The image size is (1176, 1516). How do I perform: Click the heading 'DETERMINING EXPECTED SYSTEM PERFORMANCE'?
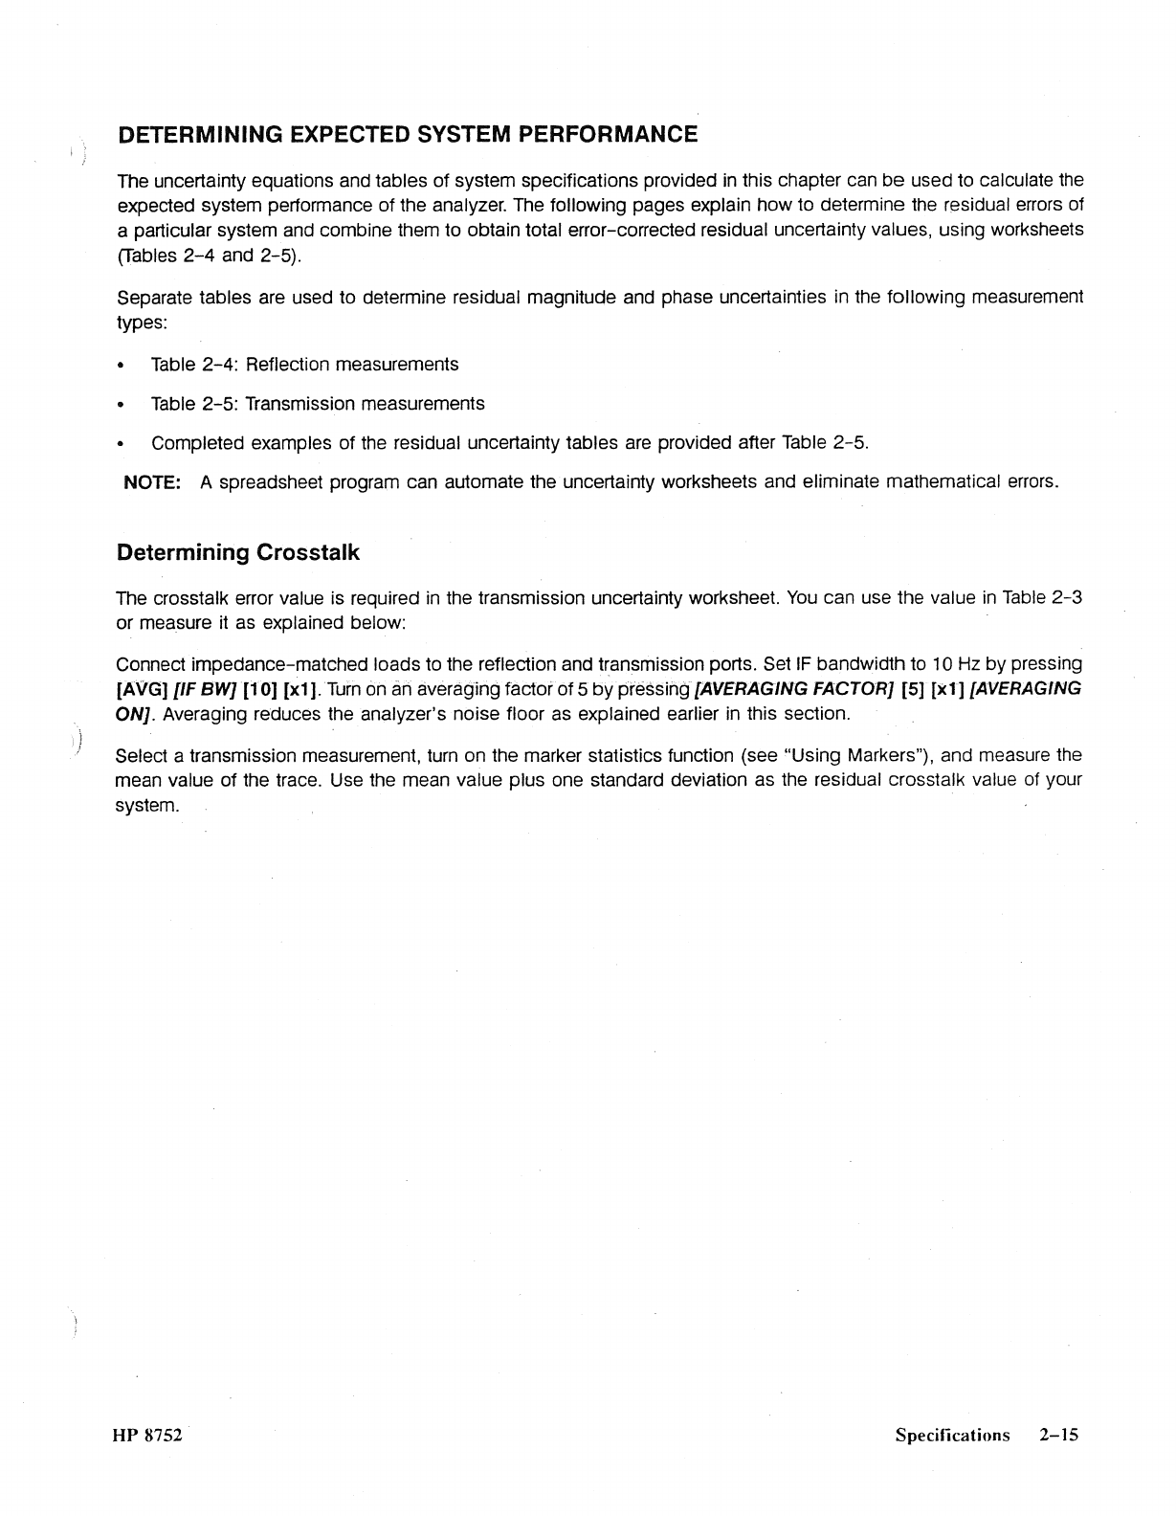407,134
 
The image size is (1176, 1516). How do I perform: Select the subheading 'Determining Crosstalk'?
237,553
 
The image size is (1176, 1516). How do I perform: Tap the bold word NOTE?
153,482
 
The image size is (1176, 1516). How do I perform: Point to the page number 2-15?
1057,1435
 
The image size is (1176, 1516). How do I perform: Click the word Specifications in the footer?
952,1435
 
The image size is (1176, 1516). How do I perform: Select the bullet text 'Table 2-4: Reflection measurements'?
304,365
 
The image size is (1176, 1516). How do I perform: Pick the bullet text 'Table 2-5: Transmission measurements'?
318,404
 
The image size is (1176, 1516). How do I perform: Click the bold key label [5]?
914,689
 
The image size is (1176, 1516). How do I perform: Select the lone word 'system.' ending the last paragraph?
146,805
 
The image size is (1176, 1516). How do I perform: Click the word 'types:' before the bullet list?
142,323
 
